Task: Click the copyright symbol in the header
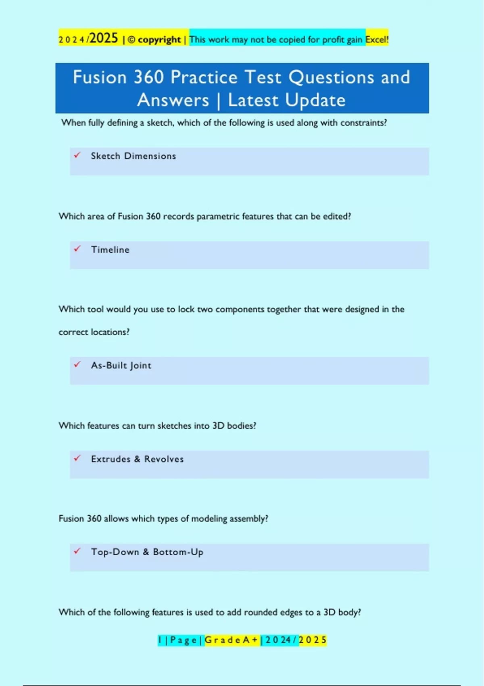click(131, 40)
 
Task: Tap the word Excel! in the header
click(377, 40)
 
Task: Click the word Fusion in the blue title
click(100, 77)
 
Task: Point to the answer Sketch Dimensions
click(133, 156)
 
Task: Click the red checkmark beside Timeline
click(77, 249)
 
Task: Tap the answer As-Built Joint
click(121, 366)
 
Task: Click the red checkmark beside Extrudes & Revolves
click(77, 458)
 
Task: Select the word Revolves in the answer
click(164, 459)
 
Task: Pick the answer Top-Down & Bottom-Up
click(147, 552)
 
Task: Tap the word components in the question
click(240, 310)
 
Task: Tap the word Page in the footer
click(183, 640)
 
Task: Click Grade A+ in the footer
click(231, 640)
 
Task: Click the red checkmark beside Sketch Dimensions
click(77, 155)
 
